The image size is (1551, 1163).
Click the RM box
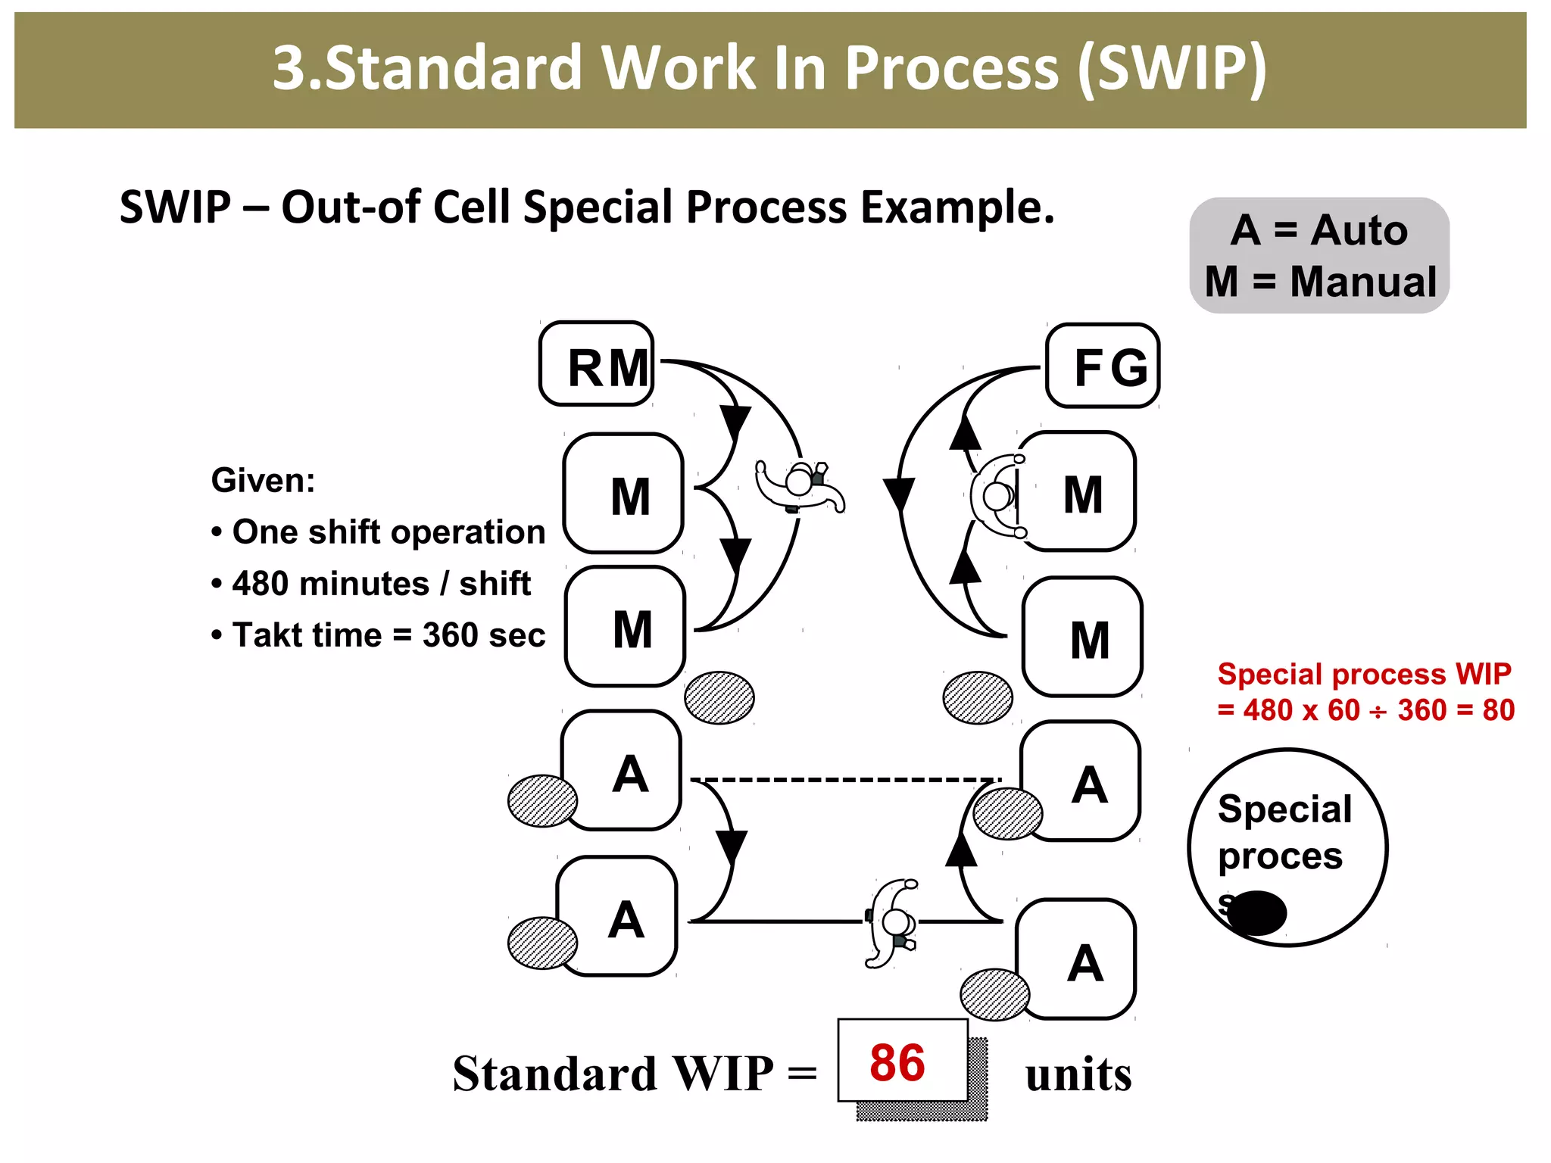[597, 364]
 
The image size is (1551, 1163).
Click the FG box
[1103, 366]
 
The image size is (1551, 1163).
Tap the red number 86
[897, 1062]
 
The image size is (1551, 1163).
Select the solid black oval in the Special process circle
[1257, 912]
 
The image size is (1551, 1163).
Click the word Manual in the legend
[1363, 282]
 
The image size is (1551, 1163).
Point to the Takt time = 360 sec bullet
[379, 635]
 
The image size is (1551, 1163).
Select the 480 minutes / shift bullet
[371, 584]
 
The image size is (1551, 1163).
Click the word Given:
[263, 481]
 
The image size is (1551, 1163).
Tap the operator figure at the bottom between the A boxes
[892, 922]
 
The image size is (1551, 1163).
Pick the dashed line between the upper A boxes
[844, 778]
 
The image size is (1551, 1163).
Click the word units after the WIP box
[1078, 1074]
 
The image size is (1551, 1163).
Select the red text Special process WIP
[1363, 674]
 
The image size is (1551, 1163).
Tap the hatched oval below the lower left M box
[719, 697]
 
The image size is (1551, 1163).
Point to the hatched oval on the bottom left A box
[542, 943]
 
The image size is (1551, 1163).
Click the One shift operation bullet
[379, 532]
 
